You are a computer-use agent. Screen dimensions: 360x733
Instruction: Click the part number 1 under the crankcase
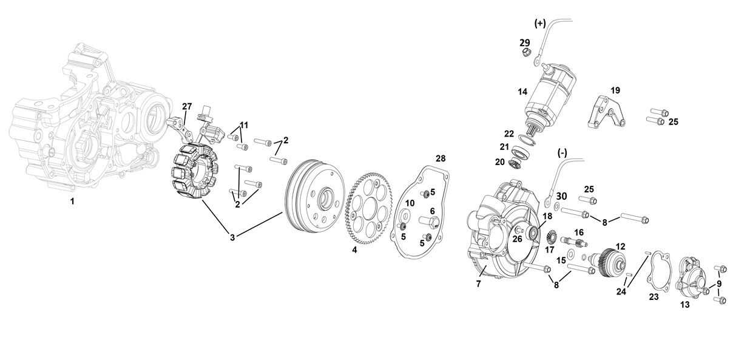72,201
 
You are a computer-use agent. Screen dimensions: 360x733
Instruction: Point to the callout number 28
441,158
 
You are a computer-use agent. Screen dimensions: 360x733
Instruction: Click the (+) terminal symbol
540,23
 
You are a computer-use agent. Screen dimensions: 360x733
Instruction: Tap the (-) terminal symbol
561,153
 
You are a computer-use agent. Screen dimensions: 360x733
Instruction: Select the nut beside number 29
526,54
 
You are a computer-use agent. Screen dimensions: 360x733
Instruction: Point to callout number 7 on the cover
478,284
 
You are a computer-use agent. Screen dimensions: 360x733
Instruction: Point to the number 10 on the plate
410,202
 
